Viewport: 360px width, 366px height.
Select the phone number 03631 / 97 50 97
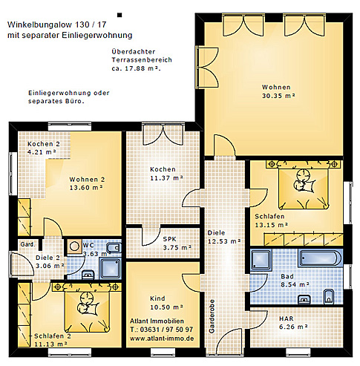pos(162,329)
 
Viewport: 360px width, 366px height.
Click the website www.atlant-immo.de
pos(162,338)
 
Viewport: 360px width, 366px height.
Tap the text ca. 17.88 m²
pos(136,68)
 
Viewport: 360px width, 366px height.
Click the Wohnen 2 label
pos(88,183)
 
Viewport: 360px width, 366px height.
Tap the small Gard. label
pos(27,244)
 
